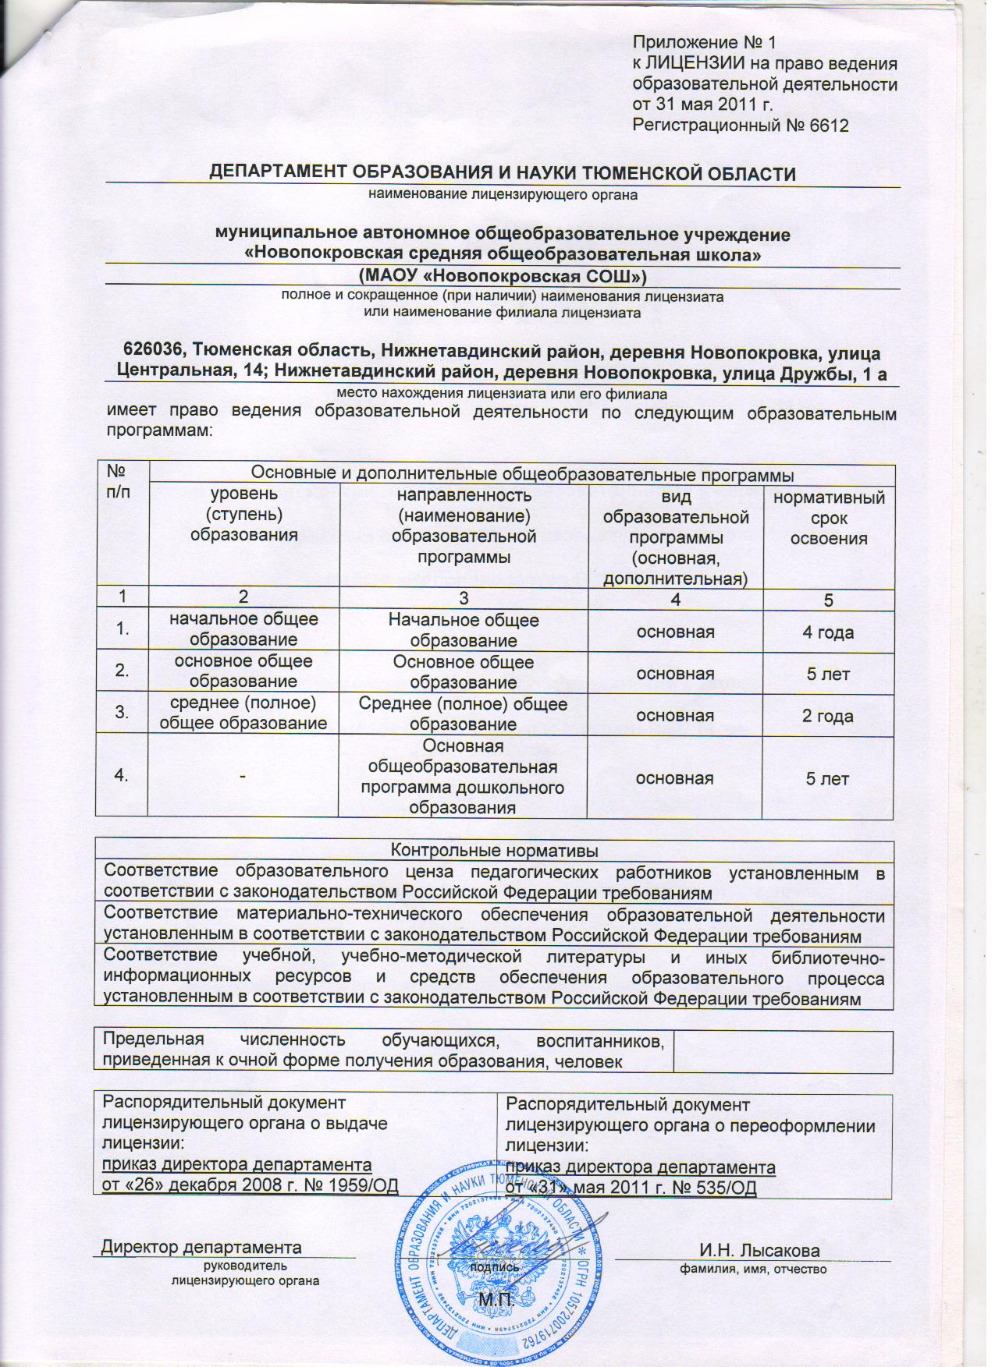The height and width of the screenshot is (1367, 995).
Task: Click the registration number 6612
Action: pyautogui.click(x=826, y=126)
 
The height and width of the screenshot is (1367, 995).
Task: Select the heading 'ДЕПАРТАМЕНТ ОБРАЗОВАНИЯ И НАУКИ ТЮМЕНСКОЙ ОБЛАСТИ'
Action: pyautogui.click(x=503, y=174)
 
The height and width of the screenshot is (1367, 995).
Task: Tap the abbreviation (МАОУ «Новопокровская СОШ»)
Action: pyautogui.click(x=503, y=276)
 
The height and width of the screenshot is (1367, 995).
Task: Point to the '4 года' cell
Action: pyautogui.click(x=828, y=632)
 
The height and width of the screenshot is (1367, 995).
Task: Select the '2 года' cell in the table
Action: pyautogui.click(x=828, y=716)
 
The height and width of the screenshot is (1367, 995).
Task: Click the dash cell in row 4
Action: pyautogui.click(x=243, y=777)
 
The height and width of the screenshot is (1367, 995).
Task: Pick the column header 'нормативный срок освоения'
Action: pyautogui.click(x=829, y=518)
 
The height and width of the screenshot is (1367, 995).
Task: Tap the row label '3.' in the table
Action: pyautogui.click(x=122, y=711)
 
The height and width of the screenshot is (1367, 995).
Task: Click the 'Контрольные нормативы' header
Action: pyautogui.click(x=494, y=850)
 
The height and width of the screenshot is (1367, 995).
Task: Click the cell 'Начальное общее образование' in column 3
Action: pyautogui.click(x=464, y=630)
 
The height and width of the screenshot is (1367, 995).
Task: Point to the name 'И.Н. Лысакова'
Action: pyautogui.click(x=759, y=1251)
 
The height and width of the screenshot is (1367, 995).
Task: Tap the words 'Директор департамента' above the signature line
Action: pyautogui.click(x=201, y=1247)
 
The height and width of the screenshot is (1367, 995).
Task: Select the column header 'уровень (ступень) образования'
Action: pyautogui.click(x=243, y=515)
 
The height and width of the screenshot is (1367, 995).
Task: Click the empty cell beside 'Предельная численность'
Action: pyautogui.click(x=783, y=1050)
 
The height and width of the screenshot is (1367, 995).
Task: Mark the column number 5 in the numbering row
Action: pyautogui.click(x=828, y=599)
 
